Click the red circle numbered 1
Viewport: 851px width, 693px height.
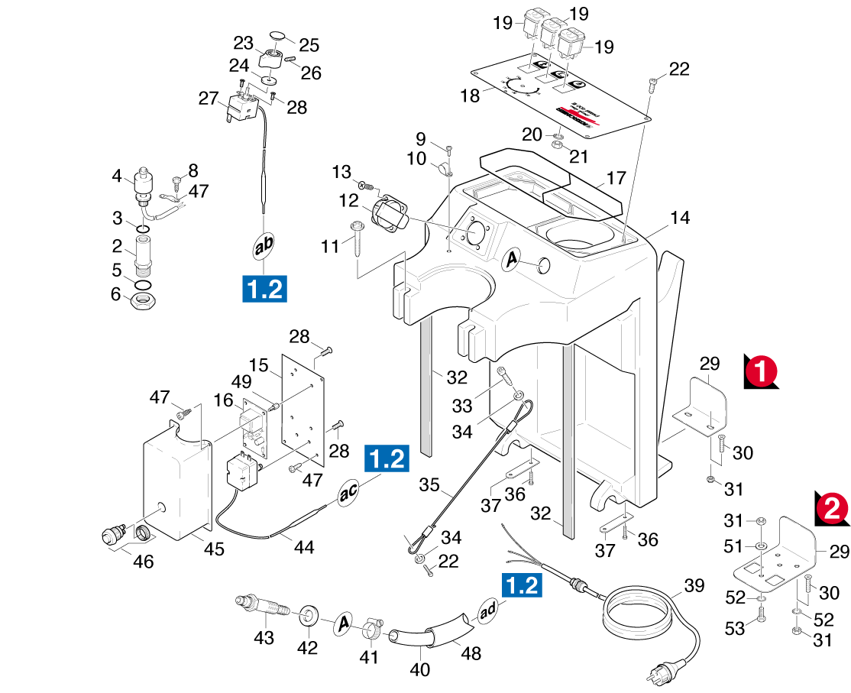click(x=759, y=371)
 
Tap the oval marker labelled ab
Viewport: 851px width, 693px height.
click(x=264, y=245)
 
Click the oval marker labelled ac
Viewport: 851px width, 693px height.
click(x=348, y=493)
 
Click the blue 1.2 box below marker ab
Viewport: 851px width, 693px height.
click(x=264, y=290)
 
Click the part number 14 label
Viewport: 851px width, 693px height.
click(x=679, y=218)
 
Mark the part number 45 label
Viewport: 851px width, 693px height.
click(x=215, y=549)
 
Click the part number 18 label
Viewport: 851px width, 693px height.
click(x=471, y=96)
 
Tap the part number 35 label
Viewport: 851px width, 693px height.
click(x=429, y=485)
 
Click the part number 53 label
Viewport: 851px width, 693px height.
click(x=735, y=629)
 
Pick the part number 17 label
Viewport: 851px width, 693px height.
click(x=616, y=178)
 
